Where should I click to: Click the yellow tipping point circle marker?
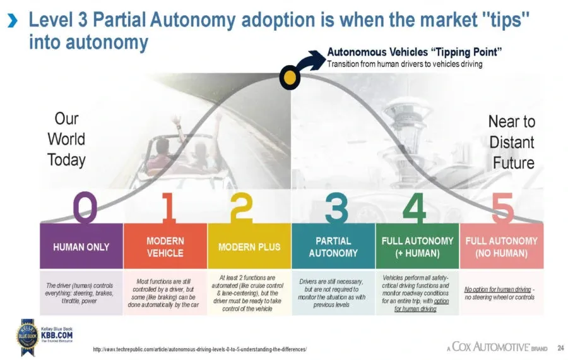tap(290, 77)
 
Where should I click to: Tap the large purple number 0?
tap(85, 207)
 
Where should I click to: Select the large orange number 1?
tap(168, 207)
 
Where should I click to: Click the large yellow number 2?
tap(242, 207)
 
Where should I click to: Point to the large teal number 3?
tap(336, 207)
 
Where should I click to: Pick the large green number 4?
tap(414, 207)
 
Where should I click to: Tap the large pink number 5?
tap(503, 208)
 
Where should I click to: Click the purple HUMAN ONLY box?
tap(81, 246)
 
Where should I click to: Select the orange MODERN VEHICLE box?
tap(165, 246)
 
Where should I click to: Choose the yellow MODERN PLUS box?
tap(249, 246)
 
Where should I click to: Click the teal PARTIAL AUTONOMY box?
tap(333, 246)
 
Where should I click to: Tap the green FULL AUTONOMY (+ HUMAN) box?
tap(417, 246)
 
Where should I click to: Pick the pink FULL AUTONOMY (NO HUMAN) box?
tap(502, 246)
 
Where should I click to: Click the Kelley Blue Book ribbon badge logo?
tap(28, 337)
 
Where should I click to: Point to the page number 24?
tap(561, 347)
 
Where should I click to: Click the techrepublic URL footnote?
tap(200, 349)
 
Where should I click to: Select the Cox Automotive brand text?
tap(497, 347)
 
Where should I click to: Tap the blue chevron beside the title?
tap(13, 21)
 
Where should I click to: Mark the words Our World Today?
tap(66, 139)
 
